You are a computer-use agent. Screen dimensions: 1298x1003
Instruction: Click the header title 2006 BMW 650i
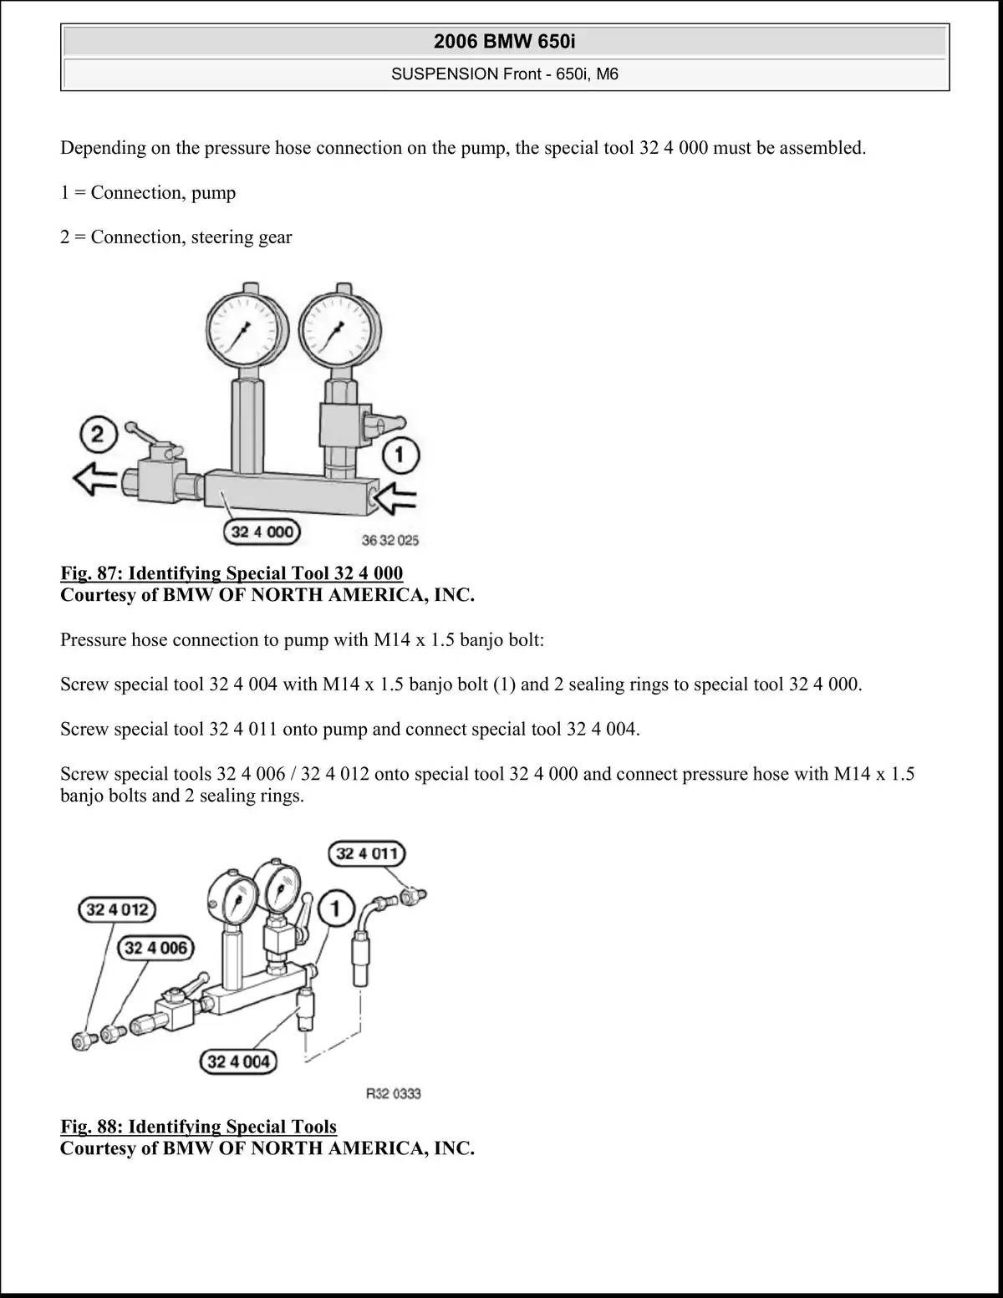click(x=504, y=41)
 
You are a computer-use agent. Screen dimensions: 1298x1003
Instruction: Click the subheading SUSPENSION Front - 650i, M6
click(x=504, y=74)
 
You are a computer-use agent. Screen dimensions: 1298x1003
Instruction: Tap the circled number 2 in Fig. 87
click(x=97, y=435)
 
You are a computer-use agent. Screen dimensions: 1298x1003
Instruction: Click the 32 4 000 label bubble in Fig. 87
click(x=262, y=532)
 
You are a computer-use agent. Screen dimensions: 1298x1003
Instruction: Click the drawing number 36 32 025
click(x=389, y=541)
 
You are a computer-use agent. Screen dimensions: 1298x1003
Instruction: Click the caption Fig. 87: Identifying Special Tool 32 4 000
click(x=232, y=573)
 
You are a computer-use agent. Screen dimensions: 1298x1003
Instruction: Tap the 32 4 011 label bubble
click(x=367, y=853)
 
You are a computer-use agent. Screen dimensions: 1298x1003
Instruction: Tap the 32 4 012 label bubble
click(x=117, y=909)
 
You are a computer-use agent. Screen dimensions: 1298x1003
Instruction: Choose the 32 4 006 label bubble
click(x=155, y=948)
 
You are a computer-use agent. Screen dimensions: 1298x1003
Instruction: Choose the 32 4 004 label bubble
click(x=238, y=1061)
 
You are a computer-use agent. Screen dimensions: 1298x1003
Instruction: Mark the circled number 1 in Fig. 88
click(x=336, y=908)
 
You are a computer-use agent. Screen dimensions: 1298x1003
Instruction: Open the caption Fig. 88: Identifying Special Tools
click(x=198, y=1127)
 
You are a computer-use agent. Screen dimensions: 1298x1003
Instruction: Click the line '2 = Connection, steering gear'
click(x=176, y=237)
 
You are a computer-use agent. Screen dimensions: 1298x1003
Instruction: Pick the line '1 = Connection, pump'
click(x=148, y=193)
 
